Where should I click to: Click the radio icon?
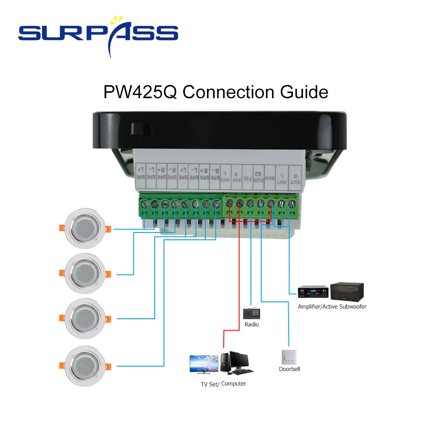251,314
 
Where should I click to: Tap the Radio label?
252,325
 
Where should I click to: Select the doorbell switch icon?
289,356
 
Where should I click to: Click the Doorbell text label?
289,369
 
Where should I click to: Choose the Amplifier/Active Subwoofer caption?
332,306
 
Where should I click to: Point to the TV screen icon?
204,365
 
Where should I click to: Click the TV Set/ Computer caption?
223,384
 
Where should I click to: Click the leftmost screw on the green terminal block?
144,204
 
